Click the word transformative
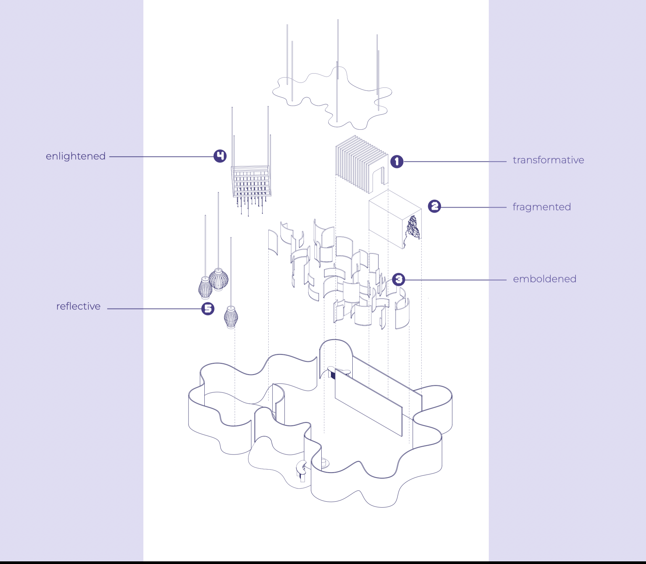point(548,160)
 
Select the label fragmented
point(542,207)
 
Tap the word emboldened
point(544,279)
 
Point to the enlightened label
point(75,156)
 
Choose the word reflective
point(78,306)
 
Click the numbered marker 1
point(397,161)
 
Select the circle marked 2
point(434,206)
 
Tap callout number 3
point(398,280)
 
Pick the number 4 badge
point(220,156)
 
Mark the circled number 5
point(208,309)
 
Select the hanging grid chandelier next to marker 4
point(251,181)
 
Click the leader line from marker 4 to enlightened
point(161,157)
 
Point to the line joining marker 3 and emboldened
point(455,280)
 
